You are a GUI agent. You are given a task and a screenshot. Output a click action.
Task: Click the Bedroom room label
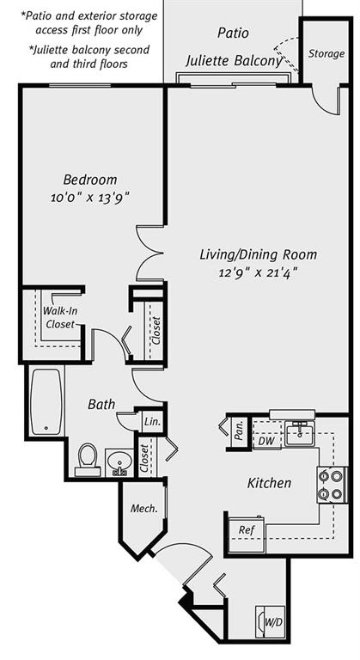(x=89, y=180)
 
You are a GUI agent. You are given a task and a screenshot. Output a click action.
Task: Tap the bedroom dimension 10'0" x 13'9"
(x=89, y=198)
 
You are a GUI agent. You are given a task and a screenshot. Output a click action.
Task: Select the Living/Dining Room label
(x=258, y=254)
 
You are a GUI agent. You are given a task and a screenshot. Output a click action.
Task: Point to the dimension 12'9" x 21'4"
(x=259, y=272)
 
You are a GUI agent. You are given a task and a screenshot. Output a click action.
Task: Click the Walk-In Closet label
(x=59, y=317)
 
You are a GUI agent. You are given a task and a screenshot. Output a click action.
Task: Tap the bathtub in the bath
(x=46, y=402)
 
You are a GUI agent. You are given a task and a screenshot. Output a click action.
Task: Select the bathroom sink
(x=119, y=461)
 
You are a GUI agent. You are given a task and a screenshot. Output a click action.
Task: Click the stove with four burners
(x=332, y=485)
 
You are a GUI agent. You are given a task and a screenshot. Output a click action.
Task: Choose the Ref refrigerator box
(x=247, y=530)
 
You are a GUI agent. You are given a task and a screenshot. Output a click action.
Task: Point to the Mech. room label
(x=143, y=509)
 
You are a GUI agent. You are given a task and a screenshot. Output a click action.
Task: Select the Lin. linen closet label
(x=151, y=421)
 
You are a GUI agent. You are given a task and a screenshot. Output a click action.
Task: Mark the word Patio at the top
(x=232, y=34)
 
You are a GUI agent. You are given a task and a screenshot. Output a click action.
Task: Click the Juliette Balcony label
(x=233, y=61)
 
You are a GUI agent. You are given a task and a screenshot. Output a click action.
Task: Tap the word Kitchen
(x=269, y=483)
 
